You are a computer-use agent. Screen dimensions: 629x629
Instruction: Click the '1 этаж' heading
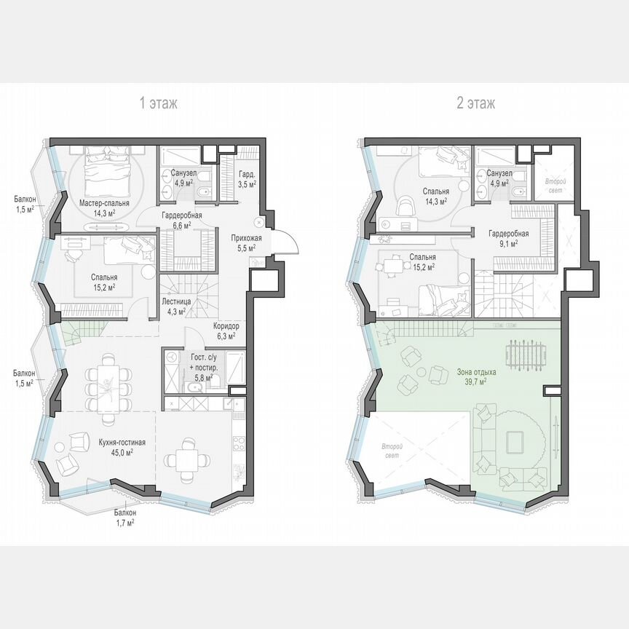(159, 103)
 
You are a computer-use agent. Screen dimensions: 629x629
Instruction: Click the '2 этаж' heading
(475, 103)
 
